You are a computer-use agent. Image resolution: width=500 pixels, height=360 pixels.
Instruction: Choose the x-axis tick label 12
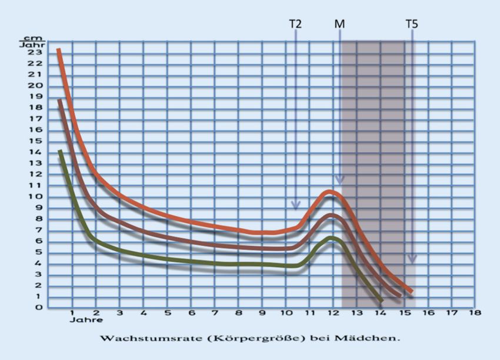[333, 313]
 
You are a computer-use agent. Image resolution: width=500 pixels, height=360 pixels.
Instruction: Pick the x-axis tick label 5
[167, 313]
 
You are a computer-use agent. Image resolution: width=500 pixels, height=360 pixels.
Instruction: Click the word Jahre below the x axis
[85, 321]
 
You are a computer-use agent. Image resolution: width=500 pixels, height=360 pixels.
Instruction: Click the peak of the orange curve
[331, 191]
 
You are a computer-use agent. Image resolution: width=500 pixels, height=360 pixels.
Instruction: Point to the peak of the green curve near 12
[332, 238]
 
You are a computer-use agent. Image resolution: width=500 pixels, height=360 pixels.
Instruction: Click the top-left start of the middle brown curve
[59, 101]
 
